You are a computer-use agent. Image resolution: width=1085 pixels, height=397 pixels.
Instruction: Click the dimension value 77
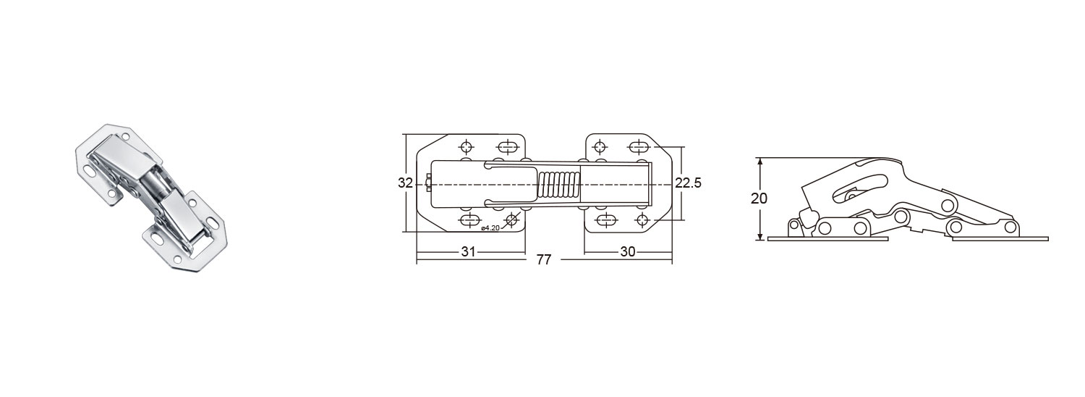pyautogui.click(x=544, y=260)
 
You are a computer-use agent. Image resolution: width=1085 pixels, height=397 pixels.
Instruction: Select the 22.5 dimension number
pyautogui.click(x=689, y=183)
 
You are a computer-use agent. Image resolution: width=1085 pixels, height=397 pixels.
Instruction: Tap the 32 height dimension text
pyautogui.click(x=405, y=183)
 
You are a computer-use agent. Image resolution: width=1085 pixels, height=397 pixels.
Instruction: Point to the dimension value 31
pyautogui.click(x=468, y=252)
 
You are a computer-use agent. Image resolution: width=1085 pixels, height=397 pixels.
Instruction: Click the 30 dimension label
pyautogui.click(x=627, y=252)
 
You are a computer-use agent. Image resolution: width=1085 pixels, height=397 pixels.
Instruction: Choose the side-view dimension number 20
pyautogui.click(x=759, y=198)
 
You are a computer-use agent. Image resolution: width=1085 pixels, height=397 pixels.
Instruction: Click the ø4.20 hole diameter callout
pyautogui.click(x=490, y=227)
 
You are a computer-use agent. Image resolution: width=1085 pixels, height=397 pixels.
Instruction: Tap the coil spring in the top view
pyautogui.click(x=559, y=185)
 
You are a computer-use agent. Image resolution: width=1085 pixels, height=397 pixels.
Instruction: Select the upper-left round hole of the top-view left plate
pyautogui.click(x=467, y=146)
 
